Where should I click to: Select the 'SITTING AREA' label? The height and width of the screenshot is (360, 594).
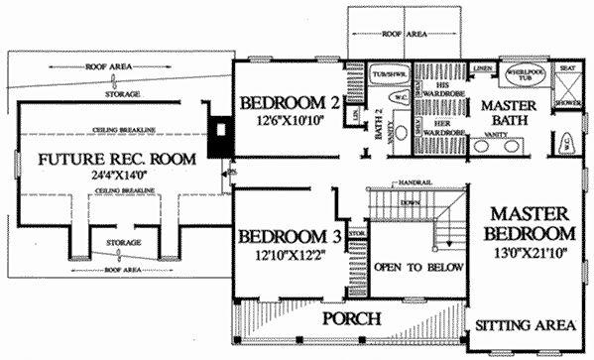525,324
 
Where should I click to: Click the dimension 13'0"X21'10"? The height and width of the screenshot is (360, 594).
531,253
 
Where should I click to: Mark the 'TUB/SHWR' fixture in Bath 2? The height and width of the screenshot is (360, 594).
385,74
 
